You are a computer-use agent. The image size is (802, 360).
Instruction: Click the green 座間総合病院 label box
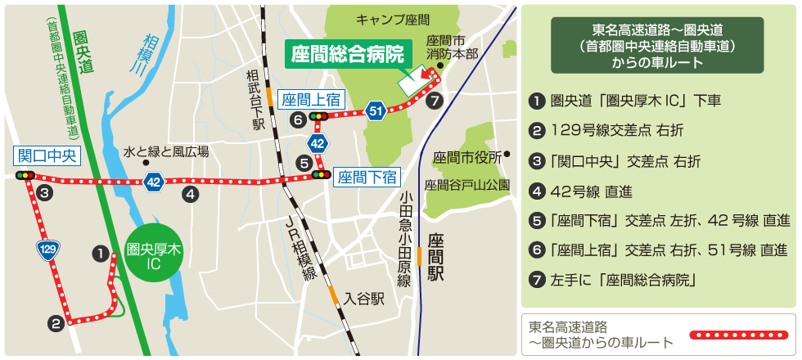pyautogui.click(x=348, y=56)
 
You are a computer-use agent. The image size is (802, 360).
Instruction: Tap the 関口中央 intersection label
pyautogui.click(x=47, y=155)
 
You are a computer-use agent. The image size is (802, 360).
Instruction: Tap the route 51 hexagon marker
pyautogui.click(x=375, y=110)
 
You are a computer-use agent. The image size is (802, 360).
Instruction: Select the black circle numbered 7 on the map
pyautogui.click(x=435, y=100)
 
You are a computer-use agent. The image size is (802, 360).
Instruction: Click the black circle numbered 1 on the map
pyautogui.click(x=100, y=254)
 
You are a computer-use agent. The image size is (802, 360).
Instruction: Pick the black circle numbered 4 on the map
pyautogui.click(x=190, y=194)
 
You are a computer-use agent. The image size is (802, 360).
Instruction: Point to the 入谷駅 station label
pyautogui.click(x=363, y=299)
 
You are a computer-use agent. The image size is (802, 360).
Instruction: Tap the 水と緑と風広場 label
pyautogui.click(x=166, y=151)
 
